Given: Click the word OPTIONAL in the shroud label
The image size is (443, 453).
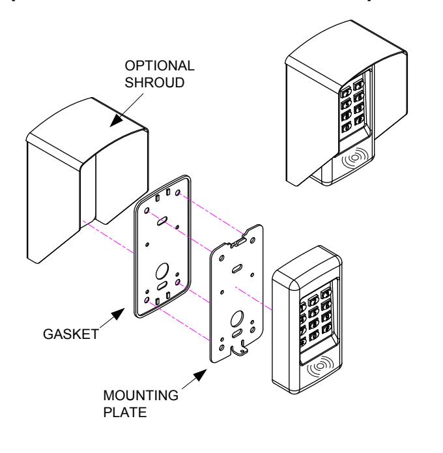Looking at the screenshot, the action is click(x=160, y=66).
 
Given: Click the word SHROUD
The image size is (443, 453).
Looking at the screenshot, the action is click(x=154, y=83).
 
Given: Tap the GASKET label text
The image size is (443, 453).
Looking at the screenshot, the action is click(x=71, y=334).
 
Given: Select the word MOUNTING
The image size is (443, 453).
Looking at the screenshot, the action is click(x=141, y=396).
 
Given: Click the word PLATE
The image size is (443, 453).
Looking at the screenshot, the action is click(x=124, y=413).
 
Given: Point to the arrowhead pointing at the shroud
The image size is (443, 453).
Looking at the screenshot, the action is click(x=117, y=120).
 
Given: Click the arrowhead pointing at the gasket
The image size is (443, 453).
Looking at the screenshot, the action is click(x=119, y=314).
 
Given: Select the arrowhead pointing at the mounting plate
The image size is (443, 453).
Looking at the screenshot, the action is click(x=200, y=375).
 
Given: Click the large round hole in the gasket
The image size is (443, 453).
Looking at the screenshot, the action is click(x=162, y=271).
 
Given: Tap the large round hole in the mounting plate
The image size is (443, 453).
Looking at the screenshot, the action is click(x=237, y=319).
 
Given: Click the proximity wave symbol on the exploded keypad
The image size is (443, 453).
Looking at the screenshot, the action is click(x=320, y=366).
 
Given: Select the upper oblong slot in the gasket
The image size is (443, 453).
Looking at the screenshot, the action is click(x=162, y=221).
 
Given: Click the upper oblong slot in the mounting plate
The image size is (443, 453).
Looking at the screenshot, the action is click(x=237, y=269).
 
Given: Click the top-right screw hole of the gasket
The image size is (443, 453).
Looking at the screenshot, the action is click(x=178, y=192).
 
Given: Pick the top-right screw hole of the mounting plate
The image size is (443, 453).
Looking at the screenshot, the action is click(x=253, y=240).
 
